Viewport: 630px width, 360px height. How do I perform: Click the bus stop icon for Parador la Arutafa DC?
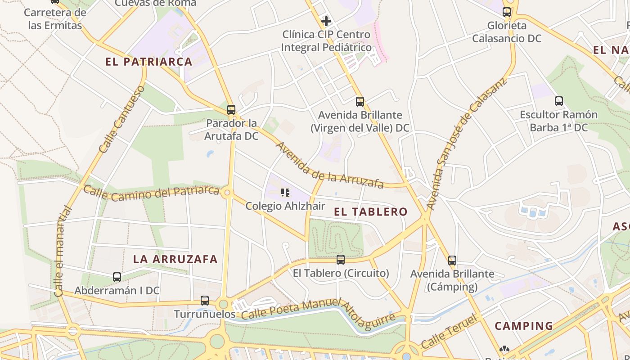pos(231,110)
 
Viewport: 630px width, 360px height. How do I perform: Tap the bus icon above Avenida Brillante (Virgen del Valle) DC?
pos(360,102)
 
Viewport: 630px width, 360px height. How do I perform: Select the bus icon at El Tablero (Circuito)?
pos(341,260)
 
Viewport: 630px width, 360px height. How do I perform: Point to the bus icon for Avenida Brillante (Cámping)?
pos(452,261)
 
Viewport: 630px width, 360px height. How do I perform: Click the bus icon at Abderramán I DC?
pos(117,277)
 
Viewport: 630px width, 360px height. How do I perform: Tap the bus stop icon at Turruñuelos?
pos(205,301)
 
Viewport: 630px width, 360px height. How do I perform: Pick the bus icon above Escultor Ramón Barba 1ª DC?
pos(559,102)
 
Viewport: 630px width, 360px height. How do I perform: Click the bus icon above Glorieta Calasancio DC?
pos(507,13)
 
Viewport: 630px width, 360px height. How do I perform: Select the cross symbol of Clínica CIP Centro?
pos(326,21)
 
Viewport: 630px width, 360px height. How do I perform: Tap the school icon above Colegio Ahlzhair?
pos(285,193)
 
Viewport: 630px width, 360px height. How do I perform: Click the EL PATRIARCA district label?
pos(149,62)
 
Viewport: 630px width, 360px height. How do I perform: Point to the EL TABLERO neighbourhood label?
pos(371,212)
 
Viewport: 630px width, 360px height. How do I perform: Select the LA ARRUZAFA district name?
pos(175,259)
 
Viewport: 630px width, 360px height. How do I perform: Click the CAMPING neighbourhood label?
pos(524,326)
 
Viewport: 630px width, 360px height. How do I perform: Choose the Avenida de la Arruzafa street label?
pos(330,166)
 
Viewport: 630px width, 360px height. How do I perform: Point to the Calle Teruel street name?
pos(449,333)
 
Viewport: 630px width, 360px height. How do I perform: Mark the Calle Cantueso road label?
pos(122,119)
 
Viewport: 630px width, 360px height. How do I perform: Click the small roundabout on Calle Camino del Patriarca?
pos(227,193)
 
